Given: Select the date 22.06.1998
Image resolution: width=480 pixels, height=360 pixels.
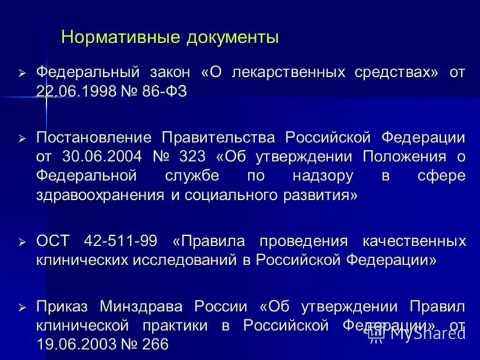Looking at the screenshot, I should (x=75, y=91).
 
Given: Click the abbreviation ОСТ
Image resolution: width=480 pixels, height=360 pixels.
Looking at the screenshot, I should (x=54, y=241).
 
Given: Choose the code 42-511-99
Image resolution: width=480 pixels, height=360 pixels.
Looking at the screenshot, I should (x=121, y=241).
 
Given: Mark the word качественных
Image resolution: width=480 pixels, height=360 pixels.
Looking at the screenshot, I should (x=414, y=241).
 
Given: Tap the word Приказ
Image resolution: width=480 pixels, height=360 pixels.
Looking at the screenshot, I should (x=62, y=307).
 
